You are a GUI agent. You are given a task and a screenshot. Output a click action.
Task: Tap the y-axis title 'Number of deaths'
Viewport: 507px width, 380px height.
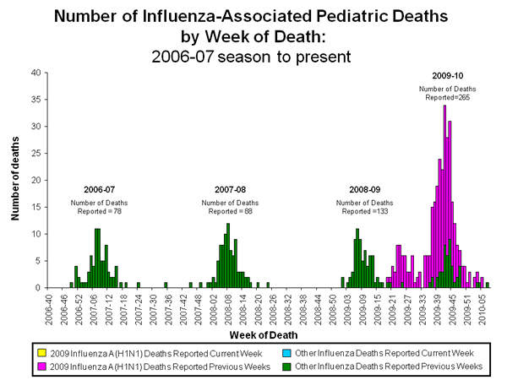pyautogui.click(x=15, y=180)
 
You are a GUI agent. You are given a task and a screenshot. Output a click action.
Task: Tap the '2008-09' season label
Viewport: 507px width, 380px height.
pyautogui.click(x=364, y=189)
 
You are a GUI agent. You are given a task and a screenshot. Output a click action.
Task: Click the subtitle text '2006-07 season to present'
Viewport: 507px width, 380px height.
pyautogui.click(x=253, y=56)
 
